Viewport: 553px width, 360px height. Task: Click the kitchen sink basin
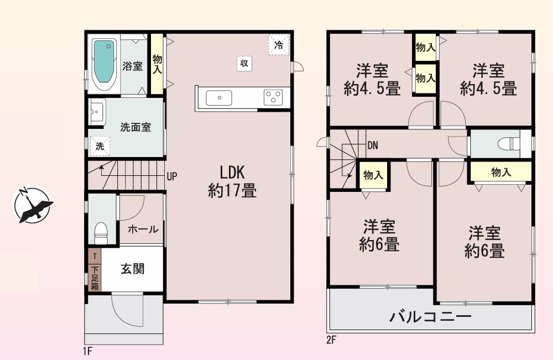219,98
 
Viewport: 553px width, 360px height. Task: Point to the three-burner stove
273,97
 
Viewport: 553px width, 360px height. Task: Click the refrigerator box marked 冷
279,45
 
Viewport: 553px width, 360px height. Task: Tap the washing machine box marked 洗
100,146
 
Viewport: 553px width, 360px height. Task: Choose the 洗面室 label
135,127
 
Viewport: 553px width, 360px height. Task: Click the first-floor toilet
101,233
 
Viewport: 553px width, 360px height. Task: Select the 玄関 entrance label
133,269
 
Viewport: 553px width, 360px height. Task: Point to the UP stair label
172,176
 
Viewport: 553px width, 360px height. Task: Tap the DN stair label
373,145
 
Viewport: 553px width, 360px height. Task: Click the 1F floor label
87,351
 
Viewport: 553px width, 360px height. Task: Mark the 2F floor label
331,340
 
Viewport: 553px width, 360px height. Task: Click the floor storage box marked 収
244,64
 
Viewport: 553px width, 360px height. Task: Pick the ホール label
143,229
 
